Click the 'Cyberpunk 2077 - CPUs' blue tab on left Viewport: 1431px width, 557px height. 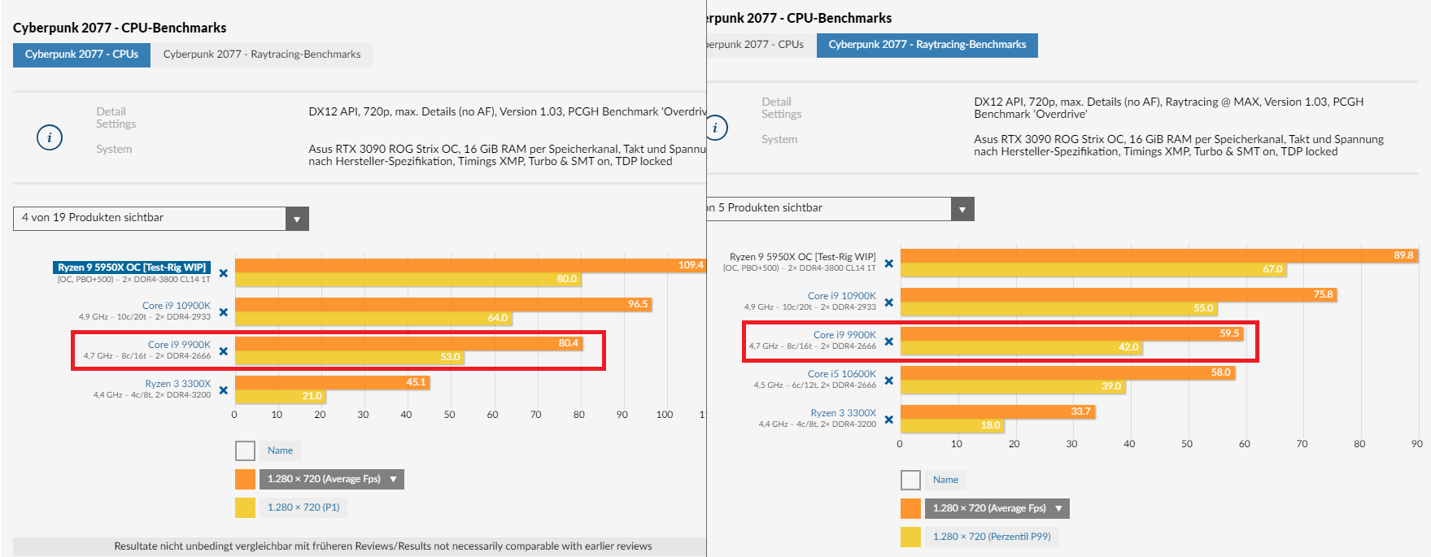(x=81, y=54)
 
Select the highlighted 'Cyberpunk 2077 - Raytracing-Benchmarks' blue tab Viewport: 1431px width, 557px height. (x=927, y=45)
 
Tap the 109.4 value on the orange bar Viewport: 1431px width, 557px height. (x=690, y=265)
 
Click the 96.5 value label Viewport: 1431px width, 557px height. (x=638, y=304)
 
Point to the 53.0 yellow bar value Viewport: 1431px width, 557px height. (x=450, y=357)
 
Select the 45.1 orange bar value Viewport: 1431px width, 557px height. (x=416, y=382)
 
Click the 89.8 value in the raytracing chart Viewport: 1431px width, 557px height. (x=1403, y=255)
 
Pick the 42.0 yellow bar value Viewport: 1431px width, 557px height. (x=1128, y=347)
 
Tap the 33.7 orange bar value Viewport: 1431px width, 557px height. (x=1080, y=411)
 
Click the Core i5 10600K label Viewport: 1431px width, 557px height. (x=841, y=374)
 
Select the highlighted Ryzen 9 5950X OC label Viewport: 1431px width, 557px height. (x=132, y=268)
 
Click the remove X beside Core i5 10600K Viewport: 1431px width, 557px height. (x=888, y=381)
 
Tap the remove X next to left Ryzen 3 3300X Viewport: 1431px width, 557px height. (x=224, y=390)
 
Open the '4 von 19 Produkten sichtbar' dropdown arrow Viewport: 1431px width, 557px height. (x=297, y=219)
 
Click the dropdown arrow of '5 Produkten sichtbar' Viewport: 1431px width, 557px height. (x=962, y=209)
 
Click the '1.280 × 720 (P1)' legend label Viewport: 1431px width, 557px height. (x=303, y=507)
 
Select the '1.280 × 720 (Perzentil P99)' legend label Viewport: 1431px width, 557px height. (x=992, y=537)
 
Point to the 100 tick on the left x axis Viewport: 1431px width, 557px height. (x=665, y=415)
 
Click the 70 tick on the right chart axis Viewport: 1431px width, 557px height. (x=1302, y=444)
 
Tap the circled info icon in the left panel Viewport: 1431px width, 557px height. (x=50, y=137)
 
